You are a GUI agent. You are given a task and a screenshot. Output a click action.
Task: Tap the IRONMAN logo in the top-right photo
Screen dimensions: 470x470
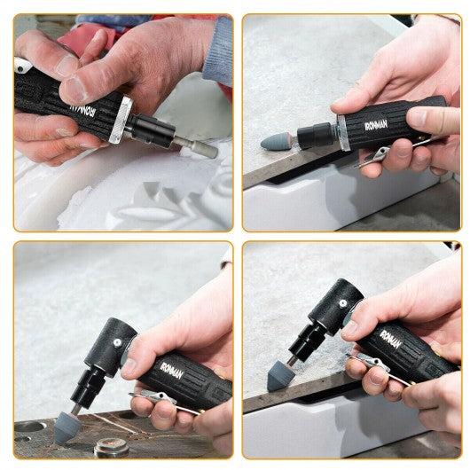(376, 124)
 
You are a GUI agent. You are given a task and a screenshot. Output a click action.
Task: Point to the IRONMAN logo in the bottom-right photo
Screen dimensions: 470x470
(391, 339)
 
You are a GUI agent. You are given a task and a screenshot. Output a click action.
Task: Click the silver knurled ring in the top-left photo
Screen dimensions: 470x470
(121, 120)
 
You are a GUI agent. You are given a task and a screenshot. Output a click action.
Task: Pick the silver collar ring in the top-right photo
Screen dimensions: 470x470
(343, 132)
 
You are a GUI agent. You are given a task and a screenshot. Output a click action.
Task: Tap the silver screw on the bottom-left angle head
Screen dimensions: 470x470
(118, 342)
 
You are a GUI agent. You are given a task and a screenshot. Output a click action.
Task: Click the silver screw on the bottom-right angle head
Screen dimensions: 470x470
(343, 303)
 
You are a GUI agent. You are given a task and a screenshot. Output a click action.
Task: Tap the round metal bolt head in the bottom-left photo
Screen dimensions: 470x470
(112, 447)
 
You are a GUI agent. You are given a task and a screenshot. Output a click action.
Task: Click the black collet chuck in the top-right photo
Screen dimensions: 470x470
(314, 135)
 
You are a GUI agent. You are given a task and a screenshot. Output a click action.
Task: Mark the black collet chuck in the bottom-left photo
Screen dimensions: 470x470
(87, 388)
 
